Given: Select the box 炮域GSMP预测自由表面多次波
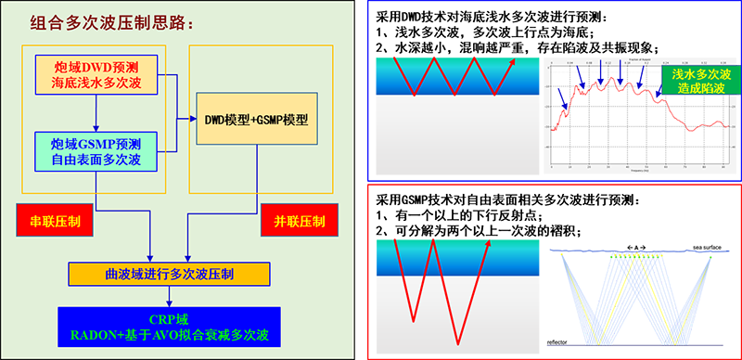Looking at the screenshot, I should [96, 152].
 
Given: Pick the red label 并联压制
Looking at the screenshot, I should [299, 222].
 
